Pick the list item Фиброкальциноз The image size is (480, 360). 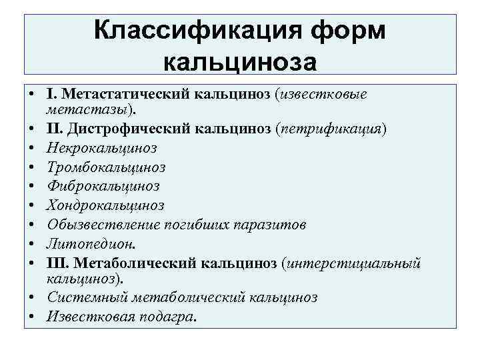pos(103,185)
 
